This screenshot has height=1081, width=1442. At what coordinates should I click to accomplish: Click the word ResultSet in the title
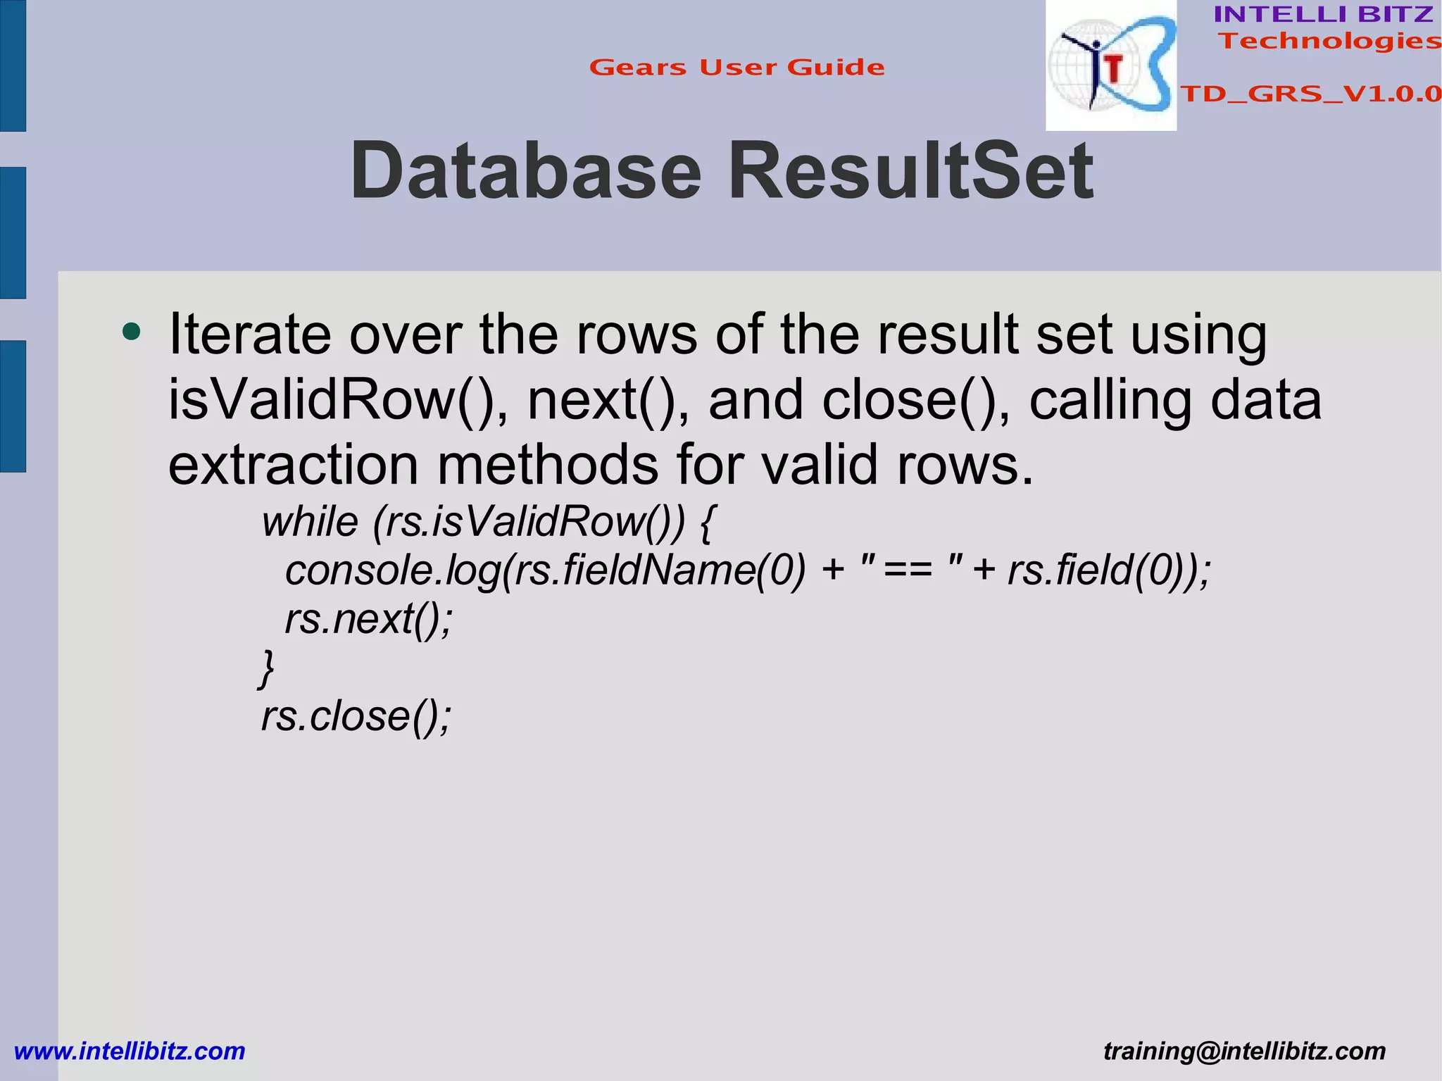pos(910,171)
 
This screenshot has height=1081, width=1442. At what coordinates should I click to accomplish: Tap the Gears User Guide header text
pos(736,68)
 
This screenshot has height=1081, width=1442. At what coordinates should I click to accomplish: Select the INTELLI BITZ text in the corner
pos(1323,14)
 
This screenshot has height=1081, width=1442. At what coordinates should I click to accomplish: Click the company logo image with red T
pos(1110,65)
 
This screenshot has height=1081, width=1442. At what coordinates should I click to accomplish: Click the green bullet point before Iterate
pos(131,331)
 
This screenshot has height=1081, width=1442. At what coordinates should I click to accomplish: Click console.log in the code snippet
pos(393,570)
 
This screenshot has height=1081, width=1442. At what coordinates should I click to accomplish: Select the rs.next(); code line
pos(368,620)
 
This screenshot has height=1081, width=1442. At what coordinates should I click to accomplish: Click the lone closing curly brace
pos(266,668)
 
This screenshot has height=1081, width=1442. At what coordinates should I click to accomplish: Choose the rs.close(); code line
pos(356,716)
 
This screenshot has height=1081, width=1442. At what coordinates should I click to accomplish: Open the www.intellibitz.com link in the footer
pos(130,1051)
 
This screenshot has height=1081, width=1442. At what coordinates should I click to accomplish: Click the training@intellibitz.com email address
pos(1244,1051)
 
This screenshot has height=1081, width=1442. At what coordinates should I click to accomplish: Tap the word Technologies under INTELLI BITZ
pos(1329,41)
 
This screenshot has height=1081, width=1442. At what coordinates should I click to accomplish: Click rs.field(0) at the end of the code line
pos(1098,570)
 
